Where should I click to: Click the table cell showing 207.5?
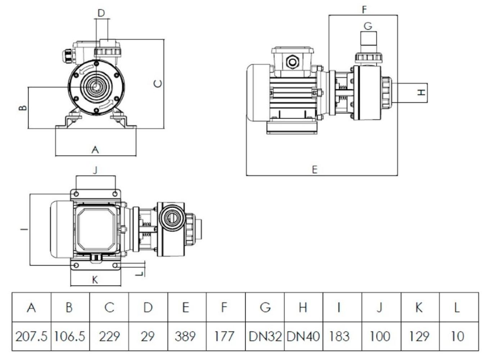coord(31,336)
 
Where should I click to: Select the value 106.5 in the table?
coord(70,336)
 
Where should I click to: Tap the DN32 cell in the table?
coord(265,336)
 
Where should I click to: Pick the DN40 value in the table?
coord(303,336)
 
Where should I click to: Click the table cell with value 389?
coord(185,336)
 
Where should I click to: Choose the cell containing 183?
coord(339,336)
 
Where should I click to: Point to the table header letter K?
coord(419,307)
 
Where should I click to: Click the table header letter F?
coord(224,307)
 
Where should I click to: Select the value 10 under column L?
coord(457,336)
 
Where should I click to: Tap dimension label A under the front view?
coord(95,149)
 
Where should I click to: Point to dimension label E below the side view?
coord(315,170)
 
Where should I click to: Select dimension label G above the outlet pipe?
coord(368,26)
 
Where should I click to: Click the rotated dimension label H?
coord(421,92)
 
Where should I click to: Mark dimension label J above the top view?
coord(95,170)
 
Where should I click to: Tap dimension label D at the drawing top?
coord(101,13)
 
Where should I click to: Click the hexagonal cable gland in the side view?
coord(292,62)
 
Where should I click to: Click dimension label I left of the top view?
coord(24,229)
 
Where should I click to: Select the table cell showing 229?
coord(109,336)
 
